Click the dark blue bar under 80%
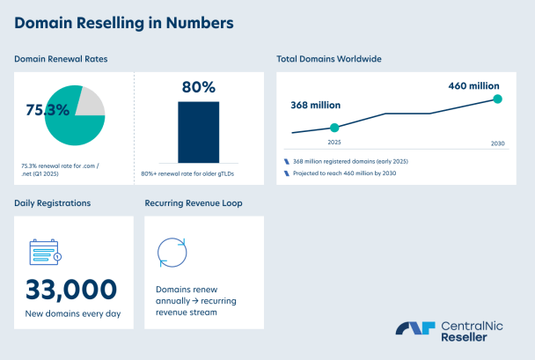198,132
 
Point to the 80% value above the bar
199,87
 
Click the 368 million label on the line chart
315,106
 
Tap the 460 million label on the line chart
473,86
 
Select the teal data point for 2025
333,128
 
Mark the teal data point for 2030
497,99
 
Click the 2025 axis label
333,142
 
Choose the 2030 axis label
497,143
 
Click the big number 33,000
71,289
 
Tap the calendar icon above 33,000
44,253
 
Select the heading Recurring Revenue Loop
194,203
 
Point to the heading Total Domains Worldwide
328,59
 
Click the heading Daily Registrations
53,203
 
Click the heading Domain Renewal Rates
61,59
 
